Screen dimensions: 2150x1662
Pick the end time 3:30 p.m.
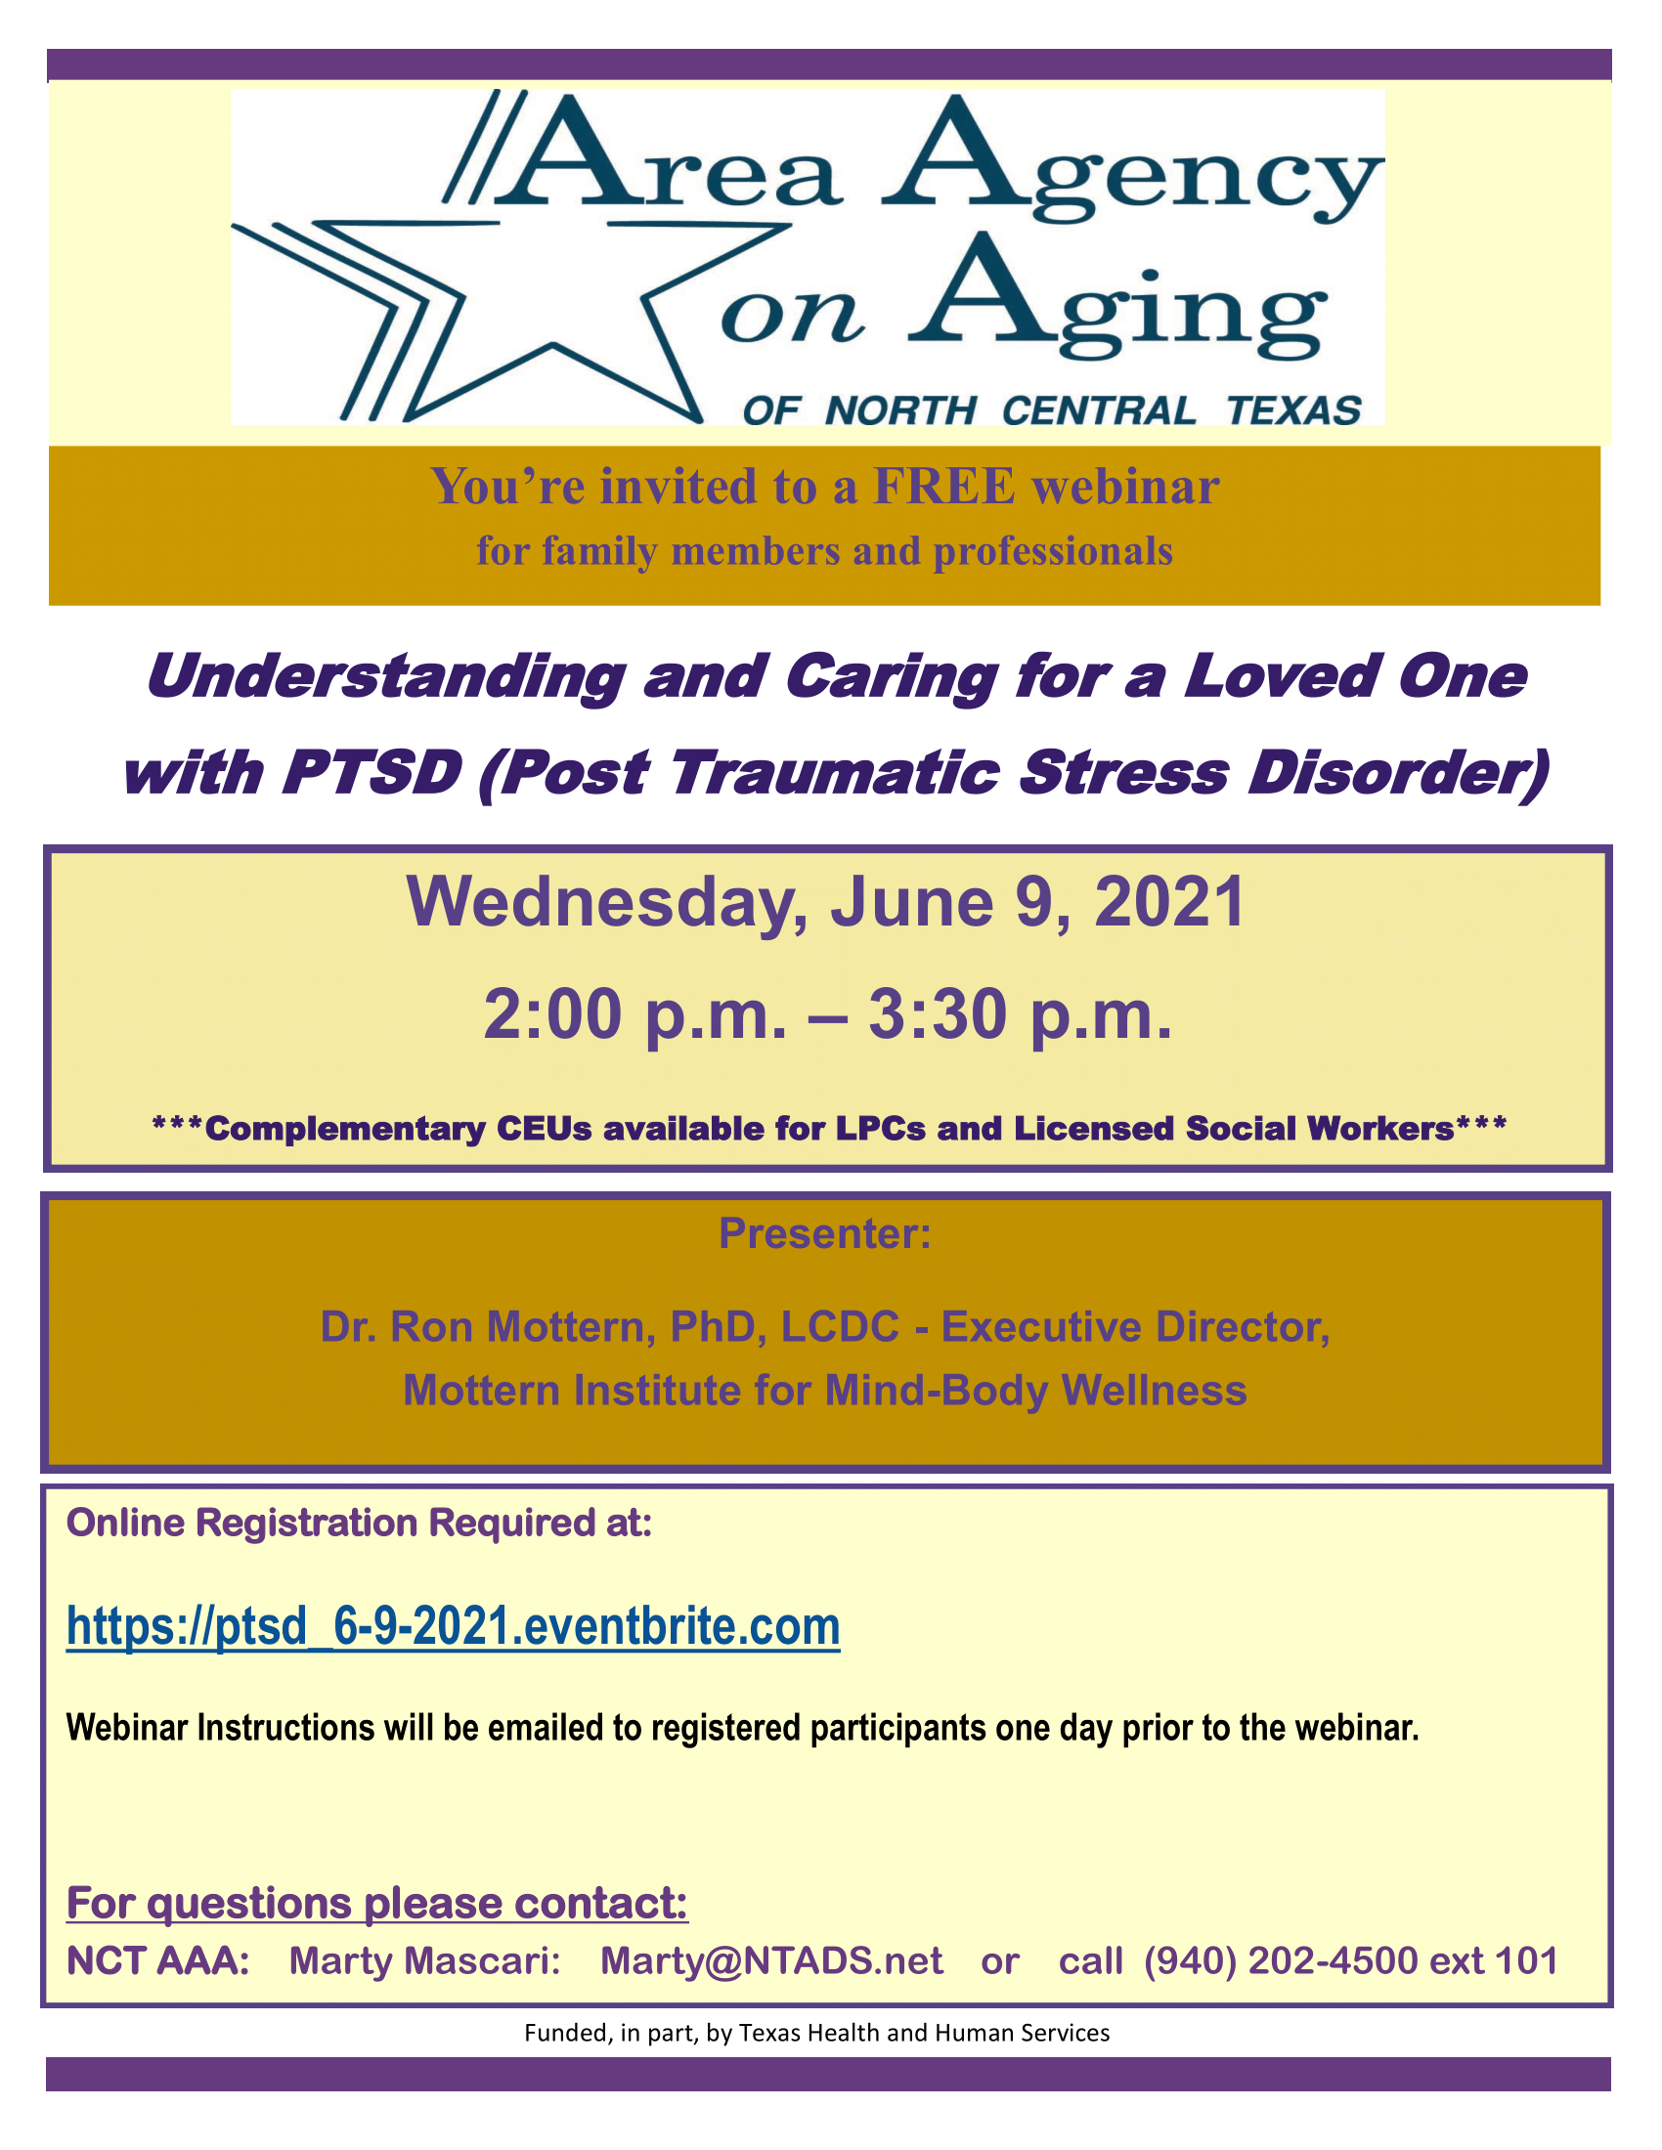[x=1020, y=1015]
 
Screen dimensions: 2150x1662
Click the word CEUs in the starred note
[x=538, y=1128]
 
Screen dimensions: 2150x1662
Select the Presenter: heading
[x=825, y=1233]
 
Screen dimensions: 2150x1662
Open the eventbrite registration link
[x=453, y=1626]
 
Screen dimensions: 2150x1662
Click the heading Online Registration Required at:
[x=360, y=1523]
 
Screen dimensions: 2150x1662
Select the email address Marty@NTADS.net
[x=772, y=1960]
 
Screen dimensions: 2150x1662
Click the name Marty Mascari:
[x=424, y=1960]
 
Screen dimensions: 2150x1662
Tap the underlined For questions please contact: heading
[x=377, y=1903]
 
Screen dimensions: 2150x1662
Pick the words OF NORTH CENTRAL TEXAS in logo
[x=1052, y=410]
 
